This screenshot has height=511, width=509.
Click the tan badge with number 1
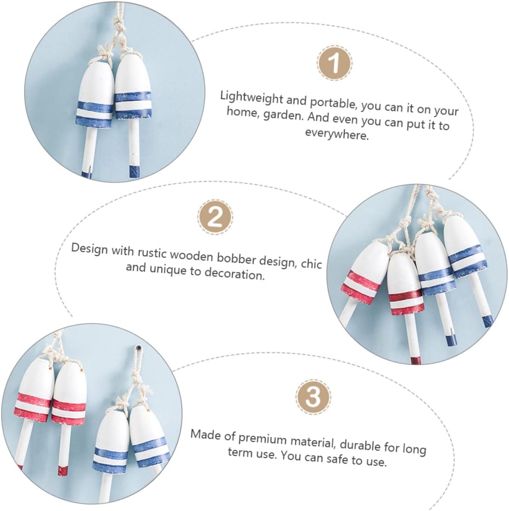click(335, 64)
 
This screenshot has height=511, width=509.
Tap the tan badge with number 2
click(215, 217)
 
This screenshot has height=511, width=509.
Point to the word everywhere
click(337, 135)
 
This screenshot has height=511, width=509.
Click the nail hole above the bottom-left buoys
click(138, 348)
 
